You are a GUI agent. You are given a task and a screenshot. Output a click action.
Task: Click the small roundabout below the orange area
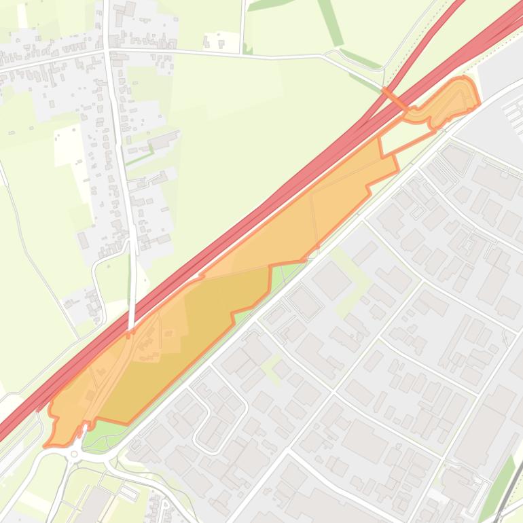tap(74, 454)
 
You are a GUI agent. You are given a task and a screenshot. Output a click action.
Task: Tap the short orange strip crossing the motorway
tap(394, 98)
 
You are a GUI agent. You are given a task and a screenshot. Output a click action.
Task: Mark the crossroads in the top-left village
tap(107, 50)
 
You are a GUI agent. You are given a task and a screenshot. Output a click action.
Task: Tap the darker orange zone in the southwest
tap(183, 340)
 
